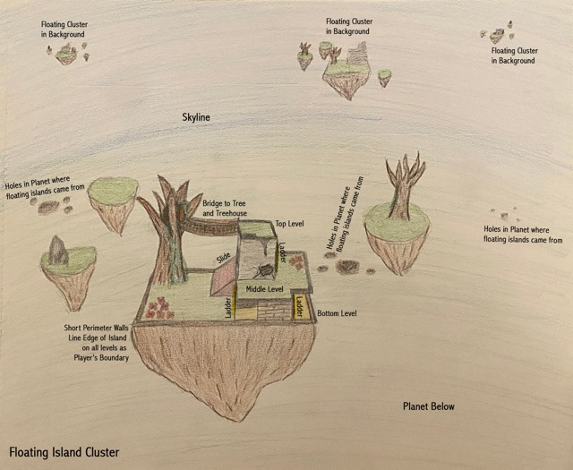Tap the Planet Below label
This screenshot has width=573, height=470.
point(428,406)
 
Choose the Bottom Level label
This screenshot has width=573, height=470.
point(337,313)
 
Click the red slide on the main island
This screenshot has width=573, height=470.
point(221,281)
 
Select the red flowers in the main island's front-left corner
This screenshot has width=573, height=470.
point(159,308)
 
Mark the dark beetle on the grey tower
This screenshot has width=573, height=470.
point(266,270)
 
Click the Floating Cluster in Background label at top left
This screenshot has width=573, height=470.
point(62,29)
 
